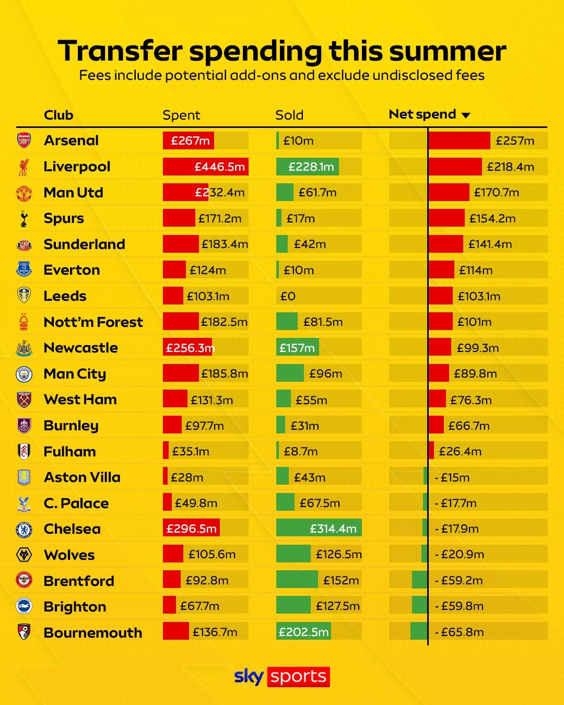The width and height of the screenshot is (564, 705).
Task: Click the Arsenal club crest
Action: pos(24,140)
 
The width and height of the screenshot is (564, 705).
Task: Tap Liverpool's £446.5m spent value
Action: pos(219,167)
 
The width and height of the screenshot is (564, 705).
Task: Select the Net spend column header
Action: pos(422,114)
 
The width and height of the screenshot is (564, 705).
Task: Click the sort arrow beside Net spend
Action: pos(466,115)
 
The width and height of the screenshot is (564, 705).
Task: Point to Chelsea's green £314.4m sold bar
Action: pos(319,528)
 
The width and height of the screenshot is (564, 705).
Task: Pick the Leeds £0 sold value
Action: pos(288,296)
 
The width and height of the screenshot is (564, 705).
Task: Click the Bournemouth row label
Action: pos(93,632)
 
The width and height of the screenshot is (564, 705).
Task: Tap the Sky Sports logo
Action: pos(282,676)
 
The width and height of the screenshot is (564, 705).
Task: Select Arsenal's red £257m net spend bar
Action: pos(459,140)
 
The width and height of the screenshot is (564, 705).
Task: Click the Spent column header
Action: pos(181,115)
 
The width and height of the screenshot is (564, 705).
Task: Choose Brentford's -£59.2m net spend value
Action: pos(459,580)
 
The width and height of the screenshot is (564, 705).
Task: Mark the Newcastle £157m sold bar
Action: pos(297,347)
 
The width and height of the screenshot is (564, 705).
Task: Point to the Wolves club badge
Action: pos(24,555)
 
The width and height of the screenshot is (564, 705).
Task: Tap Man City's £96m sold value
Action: pos(325,374)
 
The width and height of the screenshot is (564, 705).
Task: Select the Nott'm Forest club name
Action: pos(93,322)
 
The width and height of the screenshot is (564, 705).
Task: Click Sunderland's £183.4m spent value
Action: pos(225,244)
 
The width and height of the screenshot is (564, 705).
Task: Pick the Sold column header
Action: pos(289,115)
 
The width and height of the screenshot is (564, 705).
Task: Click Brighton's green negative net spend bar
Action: pos(419,605)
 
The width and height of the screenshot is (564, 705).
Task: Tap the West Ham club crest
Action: pos(24,399)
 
